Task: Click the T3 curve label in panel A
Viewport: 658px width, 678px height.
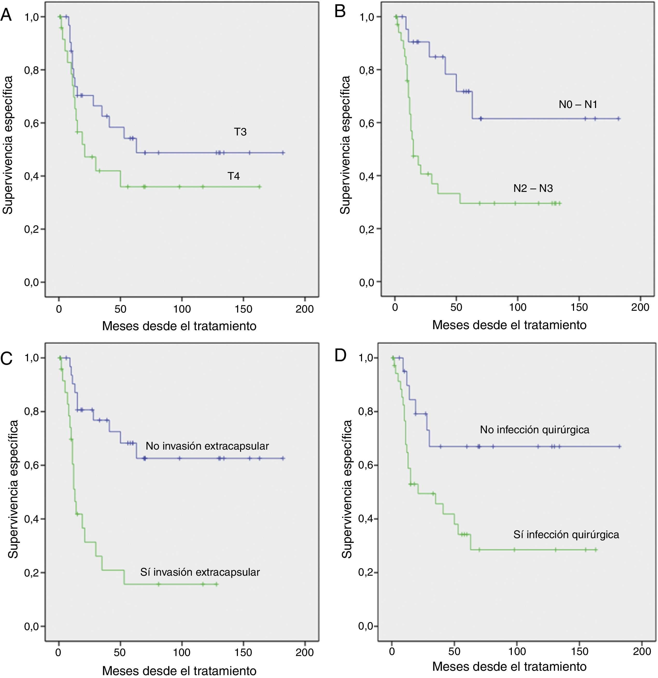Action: (x=240, y=132)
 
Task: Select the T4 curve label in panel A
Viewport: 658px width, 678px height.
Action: (x=234, y=176)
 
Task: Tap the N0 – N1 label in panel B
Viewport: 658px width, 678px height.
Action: (x=578, y=104)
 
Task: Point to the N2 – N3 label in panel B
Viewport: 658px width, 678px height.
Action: (x=533, y=189)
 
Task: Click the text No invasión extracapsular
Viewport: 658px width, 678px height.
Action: (x=207, y=446)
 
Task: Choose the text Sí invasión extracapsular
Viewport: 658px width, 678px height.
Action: (x=200, y=572)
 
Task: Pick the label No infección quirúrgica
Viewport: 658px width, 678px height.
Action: (x=534, y=430)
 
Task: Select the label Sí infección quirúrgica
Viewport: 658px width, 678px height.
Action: (x=566, y=535)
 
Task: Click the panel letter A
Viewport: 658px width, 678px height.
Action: (x=6, y=15)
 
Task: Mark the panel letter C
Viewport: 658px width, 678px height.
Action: (x=6, y=359)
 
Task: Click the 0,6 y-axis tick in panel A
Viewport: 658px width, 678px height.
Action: (x=32, y=123)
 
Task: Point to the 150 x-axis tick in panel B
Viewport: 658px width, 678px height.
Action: (x=579, y=307)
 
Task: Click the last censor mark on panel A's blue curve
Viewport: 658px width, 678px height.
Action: (x=283, y=153)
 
